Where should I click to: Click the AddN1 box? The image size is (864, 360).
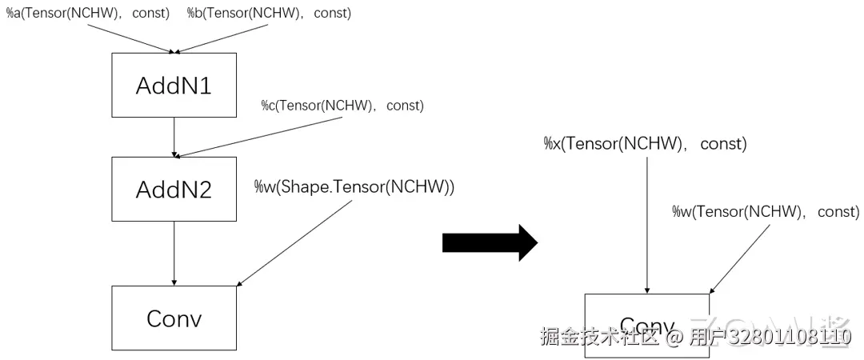coord(174,85)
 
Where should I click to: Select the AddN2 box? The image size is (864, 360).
coord(174,189)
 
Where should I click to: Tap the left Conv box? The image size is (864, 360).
coord(174,318)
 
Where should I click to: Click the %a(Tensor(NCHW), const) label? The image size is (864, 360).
coord(88,14)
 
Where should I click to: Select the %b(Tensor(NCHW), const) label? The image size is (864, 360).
coord(269,14)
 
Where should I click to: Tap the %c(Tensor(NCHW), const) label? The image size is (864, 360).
coord(342,106)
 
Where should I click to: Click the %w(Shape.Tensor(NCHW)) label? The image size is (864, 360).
coord(354,187)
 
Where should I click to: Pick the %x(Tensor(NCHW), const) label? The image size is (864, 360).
coord(644,144)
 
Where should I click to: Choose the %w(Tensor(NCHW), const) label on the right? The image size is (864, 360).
coord(766,212)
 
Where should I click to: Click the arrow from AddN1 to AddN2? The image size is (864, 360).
coord(174,137)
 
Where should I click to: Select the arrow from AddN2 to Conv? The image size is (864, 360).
coord(174,253)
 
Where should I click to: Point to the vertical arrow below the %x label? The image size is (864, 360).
coord(646,224)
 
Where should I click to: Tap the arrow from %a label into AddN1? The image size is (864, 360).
coord(128,37)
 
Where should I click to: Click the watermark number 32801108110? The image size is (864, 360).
coord(792,338)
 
